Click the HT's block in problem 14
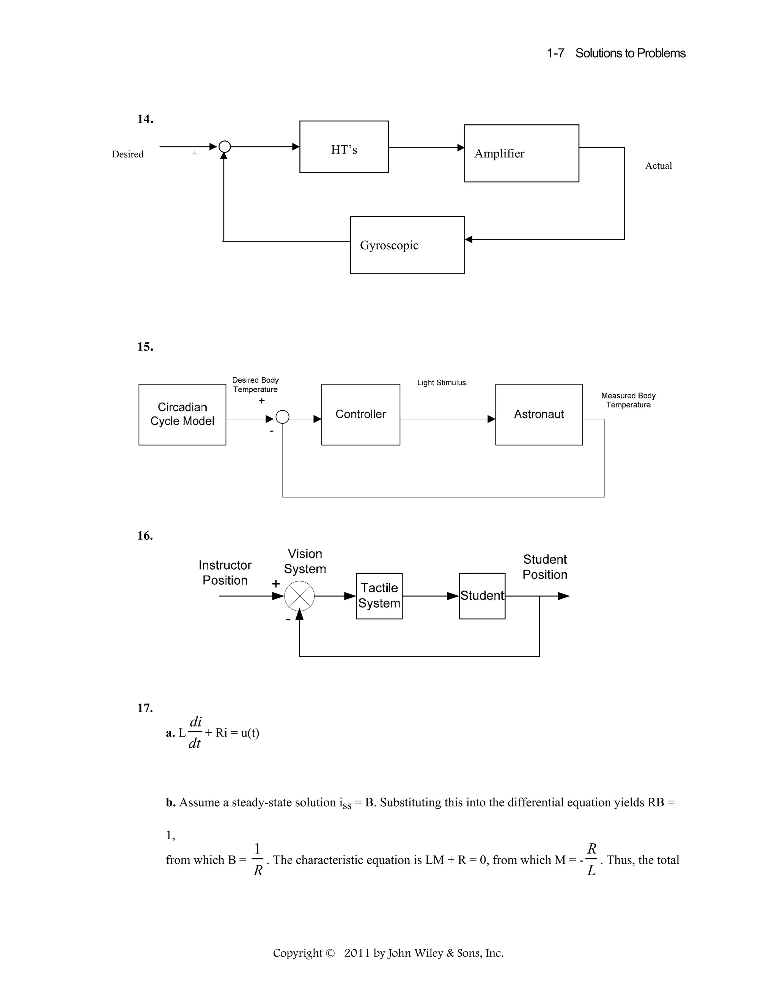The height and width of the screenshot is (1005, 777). (x=344, y=147)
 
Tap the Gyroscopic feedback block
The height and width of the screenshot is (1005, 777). (x=407, y=245)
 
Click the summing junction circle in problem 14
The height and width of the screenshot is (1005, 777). (x=224, y=147)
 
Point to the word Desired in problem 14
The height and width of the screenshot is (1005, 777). (x=127, y=154)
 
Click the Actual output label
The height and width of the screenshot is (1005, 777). (x=658, y=166)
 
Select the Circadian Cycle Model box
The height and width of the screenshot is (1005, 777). (x=182, y=414)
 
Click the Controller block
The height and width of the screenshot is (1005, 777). (x=360, y=414)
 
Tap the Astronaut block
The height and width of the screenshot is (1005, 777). (x=539, y=414)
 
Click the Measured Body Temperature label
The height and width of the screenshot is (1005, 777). (x=628, y=400)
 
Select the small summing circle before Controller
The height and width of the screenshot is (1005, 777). (x=282, y=417)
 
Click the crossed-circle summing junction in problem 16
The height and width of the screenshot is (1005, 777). (x=299, y=596)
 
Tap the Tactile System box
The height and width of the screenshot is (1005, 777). (x=379, y=595)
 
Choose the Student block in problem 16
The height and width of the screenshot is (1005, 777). (x=482, y=595)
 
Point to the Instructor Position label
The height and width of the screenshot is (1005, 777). (x=225, y=572)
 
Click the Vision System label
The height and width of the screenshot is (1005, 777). (x=305, y=561)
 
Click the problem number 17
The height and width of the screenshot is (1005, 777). (x=145, y=708)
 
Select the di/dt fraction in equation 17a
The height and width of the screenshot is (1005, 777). (x=195, y=732)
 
